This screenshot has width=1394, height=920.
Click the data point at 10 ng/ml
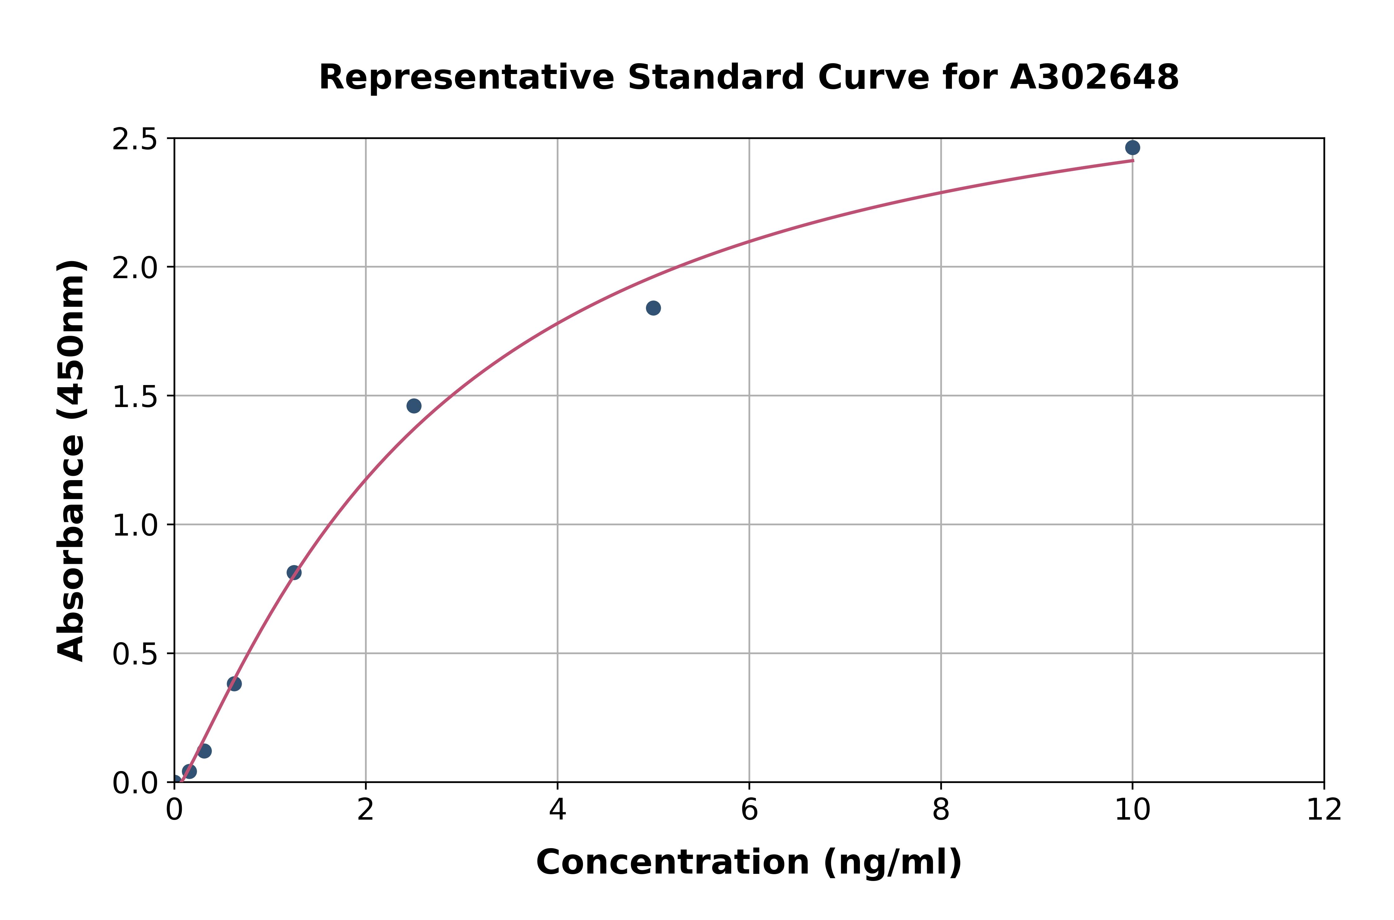1132,147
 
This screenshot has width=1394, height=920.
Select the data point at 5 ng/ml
653,308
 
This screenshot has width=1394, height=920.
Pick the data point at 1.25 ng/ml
294,573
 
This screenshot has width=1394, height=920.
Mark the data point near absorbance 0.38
234,684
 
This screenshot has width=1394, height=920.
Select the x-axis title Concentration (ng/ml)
749,862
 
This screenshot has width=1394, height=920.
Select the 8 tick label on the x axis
940,810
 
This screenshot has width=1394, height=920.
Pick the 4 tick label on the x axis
557,810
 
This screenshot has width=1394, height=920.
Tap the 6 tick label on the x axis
749,810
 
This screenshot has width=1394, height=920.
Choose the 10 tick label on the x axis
1132,810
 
